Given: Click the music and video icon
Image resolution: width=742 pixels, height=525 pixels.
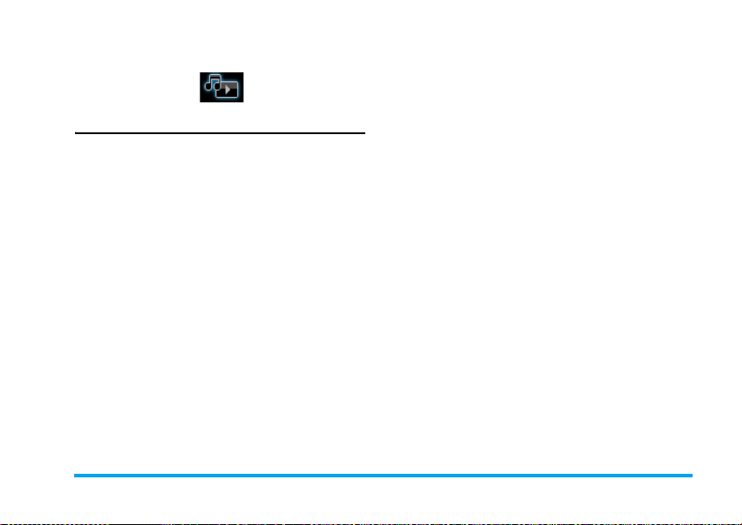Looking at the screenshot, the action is tap(221, 86).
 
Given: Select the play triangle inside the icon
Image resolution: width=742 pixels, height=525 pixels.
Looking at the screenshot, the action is tap(229, 90).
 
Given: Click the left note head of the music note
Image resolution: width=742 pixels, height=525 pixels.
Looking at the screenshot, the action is tap(208, 86).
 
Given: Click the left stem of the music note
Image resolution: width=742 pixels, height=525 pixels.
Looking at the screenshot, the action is tap(210, 82).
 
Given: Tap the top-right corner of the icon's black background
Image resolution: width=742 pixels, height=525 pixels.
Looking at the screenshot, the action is tap(244, 73).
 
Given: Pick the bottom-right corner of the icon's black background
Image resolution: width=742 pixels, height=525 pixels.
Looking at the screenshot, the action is tap(244, 100).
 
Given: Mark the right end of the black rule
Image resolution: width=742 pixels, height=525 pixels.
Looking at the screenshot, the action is tap(364, 133).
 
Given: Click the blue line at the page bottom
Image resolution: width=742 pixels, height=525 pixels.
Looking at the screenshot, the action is tap(383, 475).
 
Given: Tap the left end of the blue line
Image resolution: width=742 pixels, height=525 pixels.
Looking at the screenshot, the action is tap(74, 475).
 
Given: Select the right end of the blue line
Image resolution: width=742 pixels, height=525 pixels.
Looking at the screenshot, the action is tap(692, 475).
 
